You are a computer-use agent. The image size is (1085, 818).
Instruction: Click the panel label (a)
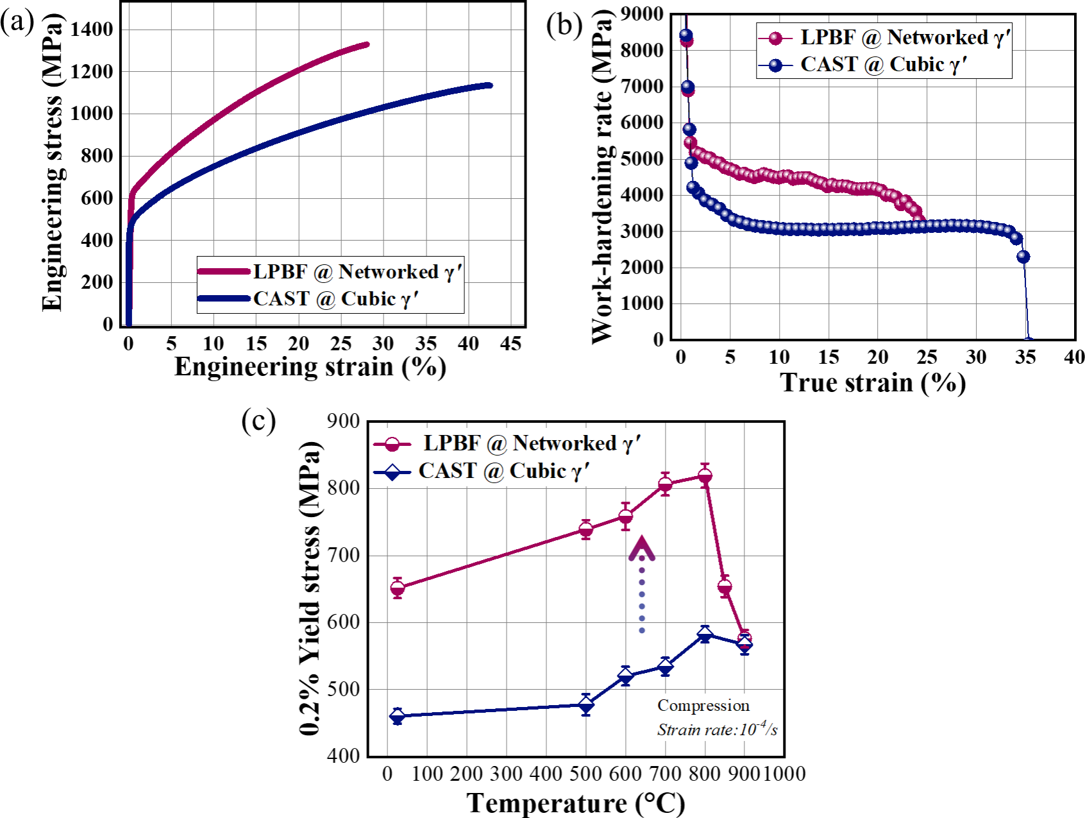(17, 22)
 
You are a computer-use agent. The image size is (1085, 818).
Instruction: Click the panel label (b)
(564, 26)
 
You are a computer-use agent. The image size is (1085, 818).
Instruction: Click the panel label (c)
(258, 421)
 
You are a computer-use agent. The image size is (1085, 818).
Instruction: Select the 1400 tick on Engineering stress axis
(92, 29)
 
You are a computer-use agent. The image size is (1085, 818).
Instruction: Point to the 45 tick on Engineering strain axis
(511, 344)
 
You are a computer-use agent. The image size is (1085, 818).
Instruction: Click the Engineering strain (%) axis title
(310, 367)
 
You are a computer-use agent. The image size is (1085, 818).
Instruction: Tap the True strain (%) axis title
(873, 383)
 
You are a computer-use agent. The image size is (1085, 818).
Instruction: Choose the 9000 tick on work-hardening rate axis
(643, 13)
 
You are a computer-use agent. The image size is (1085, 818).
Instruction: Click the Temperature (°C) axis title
(576, 803)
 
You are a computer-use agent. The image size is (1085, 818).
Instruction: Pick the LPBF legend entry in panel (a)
(330, 272)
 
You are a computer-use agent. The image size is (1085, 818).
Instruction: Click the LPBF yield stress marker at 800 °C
(705, 476)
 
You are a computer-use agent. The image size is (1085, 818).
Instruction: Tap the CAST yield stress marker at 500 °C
(586, 705)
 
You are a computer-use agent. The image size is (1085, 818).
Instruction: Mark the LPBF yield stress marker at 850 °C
(725, 586)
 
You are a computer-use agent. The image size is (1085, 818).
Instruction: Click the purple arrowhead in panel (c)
(642, 549)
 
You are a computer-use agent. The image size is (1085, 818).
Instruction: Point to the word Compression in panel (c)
(703, 706)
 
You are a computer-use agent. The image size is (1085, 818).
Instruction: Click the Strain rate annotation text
(717, 729)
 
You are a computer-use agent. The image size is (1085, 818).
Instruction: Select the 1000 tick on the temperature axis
(784, 774)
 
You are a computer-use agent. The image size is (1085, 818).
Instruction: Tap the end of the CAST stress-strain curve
(490, 85)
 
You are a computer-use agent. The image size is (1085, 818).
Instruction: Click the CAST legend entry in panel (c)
(481, 472)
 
